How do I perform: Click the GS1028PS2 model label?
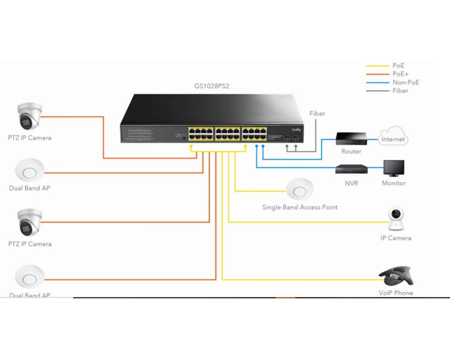(x=211, y=86)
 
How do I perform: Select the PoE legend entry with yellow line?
(x=398, y=66)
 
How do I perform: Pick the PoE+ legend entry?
(x=400, y=74)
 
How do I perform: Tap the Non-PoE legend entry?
(x=405, y=82)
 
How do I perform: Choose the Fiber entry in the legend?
(x=400, y=91)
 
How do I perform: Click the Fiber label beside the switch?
(x=317, y=113)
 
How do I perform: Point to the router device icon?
(x=351, y=138)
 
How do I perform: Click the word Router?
(x=351, y=152)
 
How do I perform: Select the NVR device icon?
(x=351, y=170)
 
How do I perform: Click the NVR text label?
(x=351, y=183)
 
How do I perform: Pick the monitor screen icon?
(x=394, y=168)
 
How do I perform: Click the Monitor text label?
(x=394, y=183)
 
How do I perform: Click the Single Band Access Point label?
(x=300, y=207)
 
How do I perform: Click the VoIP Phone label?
(x=396, y=293)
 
